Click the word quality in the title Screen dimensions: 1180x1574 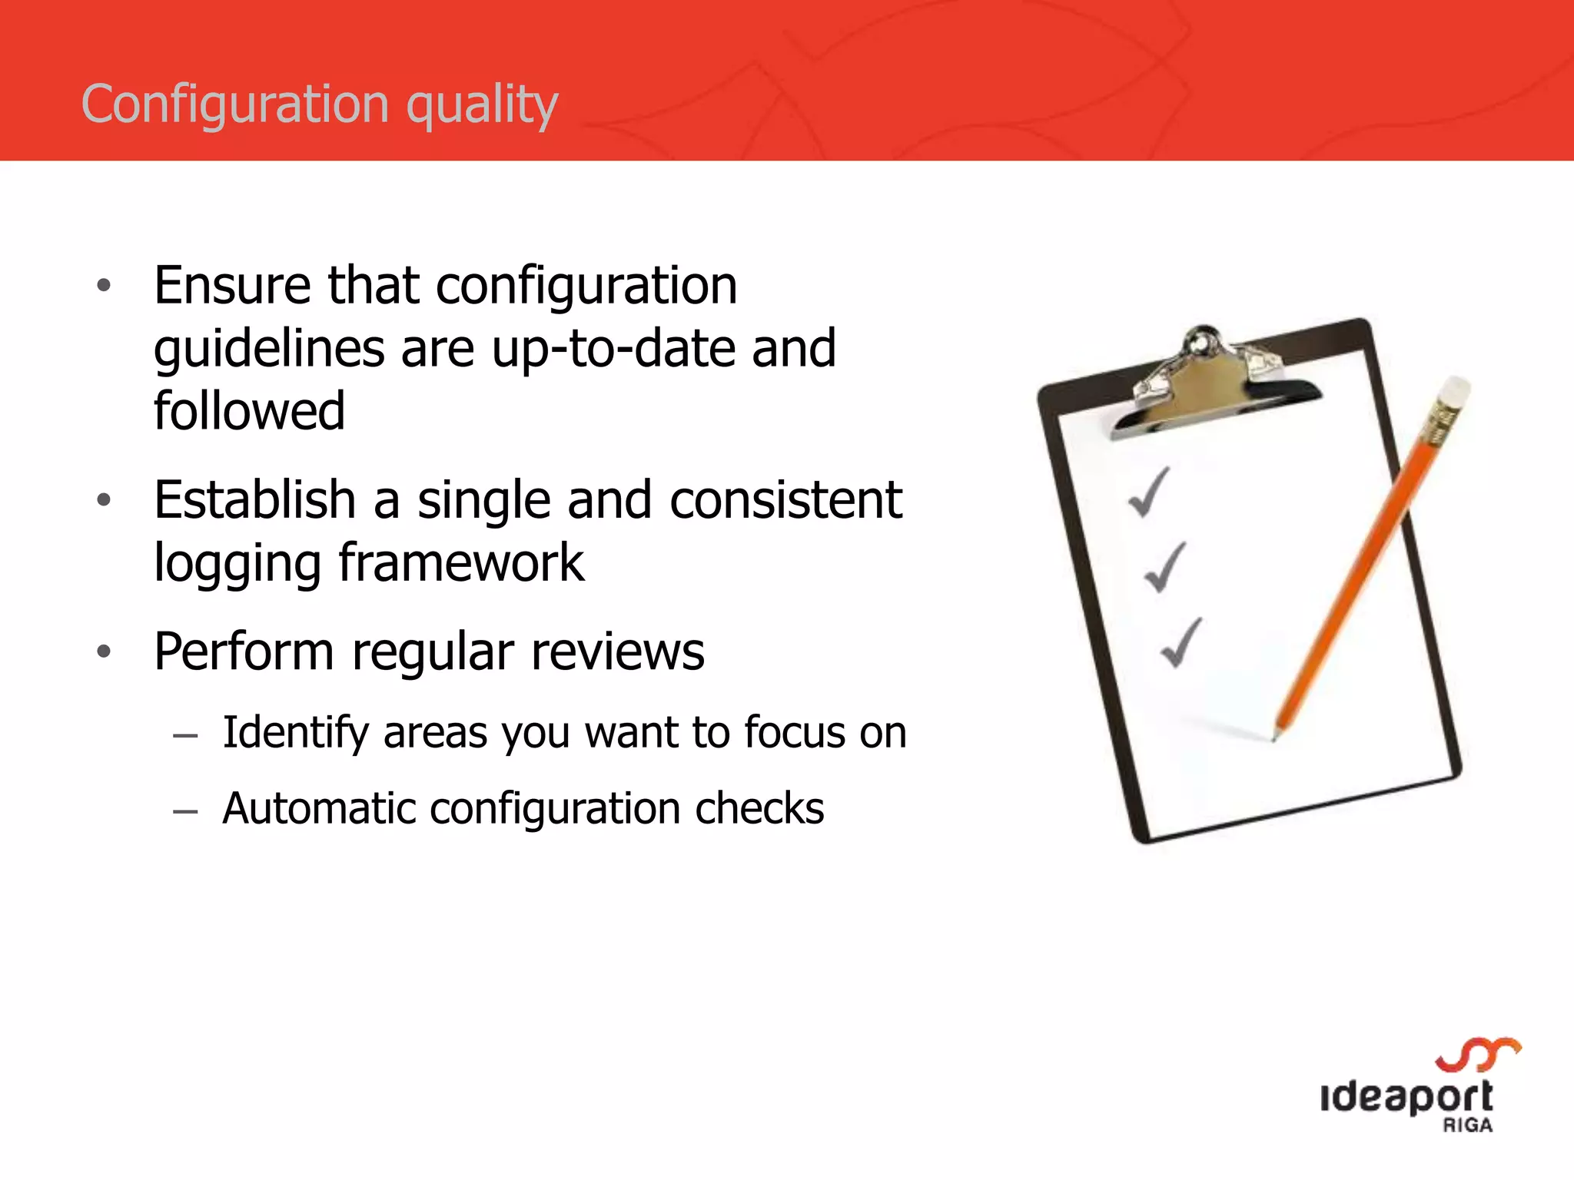coord(482,105)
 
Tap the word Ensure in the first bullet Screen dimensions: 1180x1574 coord(232,285)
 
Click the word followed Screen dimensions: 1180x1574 coord(249,411)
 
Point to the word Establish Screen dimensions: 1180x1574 coord(254,500)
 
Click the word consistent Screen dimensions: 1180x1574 coord(785,500)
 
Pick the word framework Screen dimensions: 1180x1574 coord(461,563)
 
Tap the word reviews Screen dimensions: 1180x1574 coord(617,652)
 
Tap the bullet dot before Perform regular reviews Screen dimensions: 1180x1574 coord(105,652)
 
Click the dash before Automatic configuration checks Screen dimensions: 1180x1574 coord(185,811)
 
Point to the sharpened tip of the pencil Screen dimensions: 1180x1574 coord(1273,737)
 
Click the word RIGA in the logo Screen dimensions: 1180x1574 coord(1467,1125)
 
